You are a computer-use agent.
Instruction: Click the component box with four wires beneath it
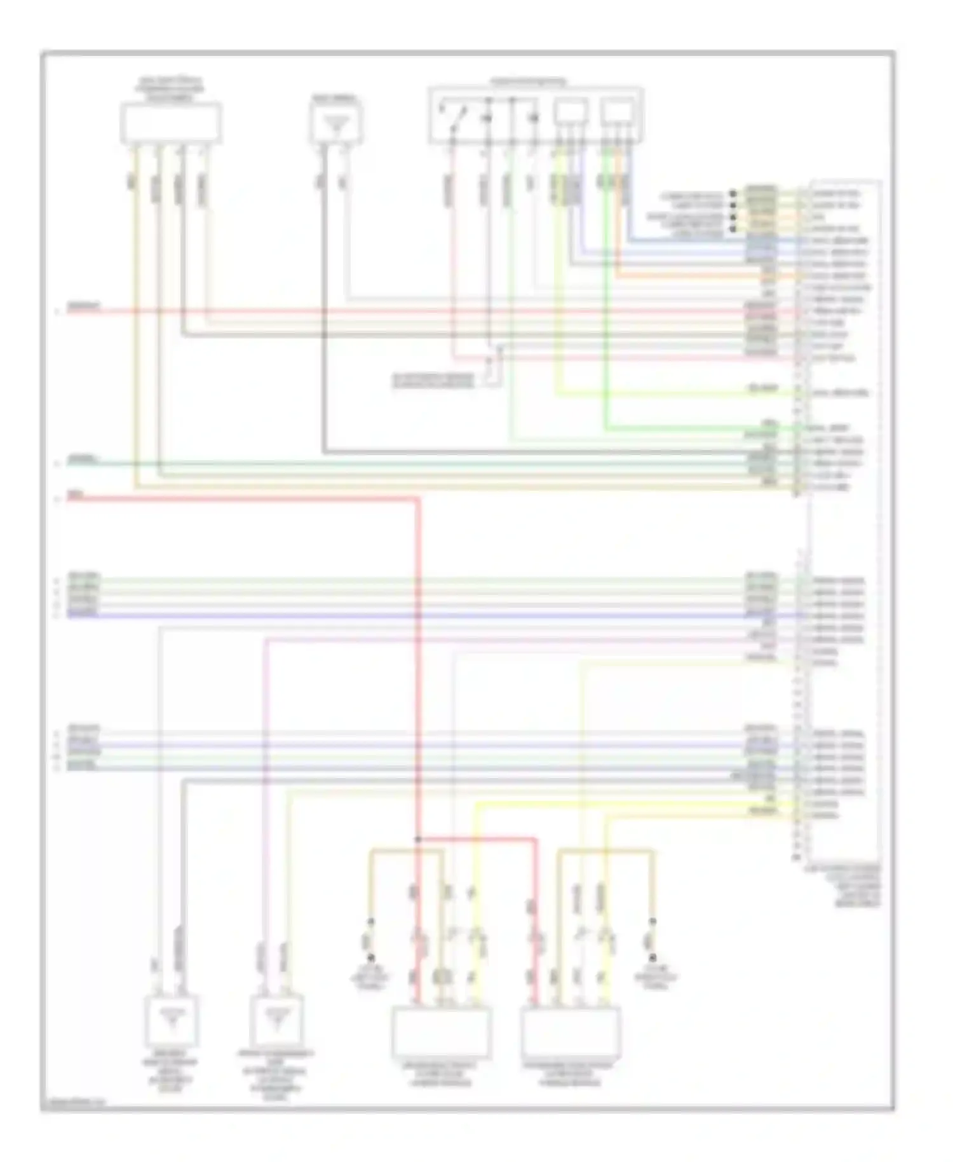click(171, 123)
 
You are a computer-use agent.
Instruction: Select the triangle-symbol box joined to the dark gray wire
click(337, 123)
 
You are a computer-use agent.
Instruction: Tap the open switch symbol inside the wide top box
click(456, 116)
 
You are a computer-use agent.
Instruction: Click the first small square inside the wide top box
click(570, 113)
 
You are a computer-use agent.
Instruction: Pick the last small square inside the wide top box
click(617, 113)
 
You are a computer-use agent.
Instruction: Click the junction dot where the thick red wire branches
click(418, 839)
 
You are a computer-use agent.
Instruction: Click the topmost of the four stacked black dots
click(733, 193)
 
